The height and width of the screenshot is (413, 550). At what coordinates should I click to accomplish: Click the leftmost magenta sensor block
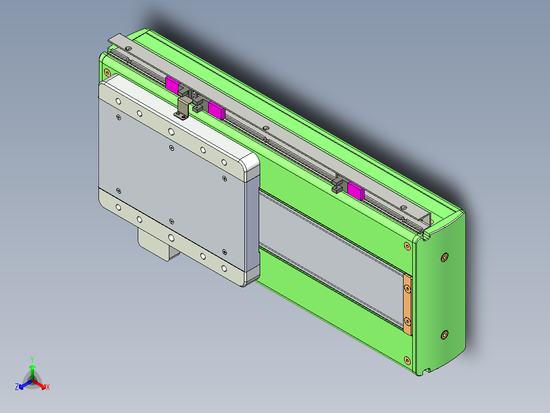[172, 85]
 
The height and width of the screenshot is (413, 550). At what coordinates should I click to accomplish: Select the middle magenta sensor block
[216, 110]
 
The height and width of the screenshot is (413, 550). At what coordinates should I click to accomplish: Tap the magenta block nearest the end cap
[355, 191]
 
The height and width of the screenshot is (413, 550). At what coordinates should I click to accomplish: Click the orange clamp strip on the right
[408, 304]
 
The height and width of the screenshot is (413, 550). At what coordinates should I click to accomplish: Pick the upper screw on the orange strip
[408, 289]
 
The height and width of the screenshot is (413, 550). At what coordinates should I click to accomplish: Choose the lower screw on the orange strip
[408, 322]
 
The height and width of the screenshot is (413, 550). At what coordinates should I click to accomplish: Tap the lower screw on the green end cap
[444, 335]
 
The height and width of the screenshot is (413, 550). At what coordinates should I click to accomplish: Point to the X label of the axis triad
[48, 387]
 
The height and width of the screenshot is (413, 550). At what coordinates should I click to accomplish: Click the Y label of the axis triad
[32, 359]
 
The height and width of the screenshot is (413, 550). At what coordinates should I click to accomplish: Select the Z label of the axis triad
[17, 387]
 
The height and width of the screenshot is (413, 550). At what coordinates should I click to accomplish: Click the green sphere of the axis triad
[32, 368]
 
